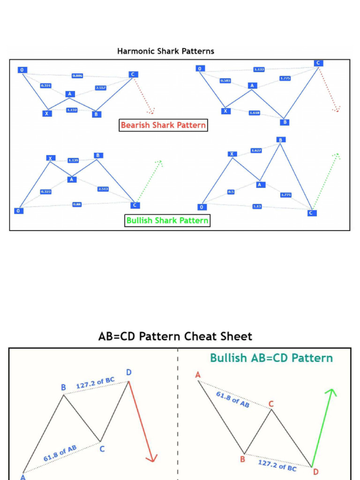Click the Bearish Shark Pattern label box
[x=163, y=125]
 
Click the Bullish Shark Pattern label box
[x=167, y=220]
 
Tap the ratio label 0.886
[x=77, y=75]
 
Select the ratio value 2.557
[x=101, y=88]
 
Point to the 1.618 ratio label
[x=255, y=113]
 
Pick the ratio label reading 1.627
[x=256, y=150]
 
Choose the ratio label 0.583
[x=225, y=81]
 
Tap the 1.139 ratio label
[x=73, y=160]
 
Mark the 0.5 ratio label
[x=231, y=192]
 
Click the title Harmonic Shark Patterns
[x=165, y=51]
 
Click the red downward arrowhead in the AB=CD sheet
[x=151, y=458]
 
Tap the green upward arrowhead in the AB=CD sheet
[x=332, y=392]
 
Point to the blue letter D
[x=129, y=372]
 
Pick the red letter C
[x=271, y=404]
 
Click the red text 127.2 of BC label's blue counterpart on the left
[x=95, y=383]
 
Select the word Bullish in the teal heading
[x=228, y=358]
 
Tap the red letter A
[x=198, y=375]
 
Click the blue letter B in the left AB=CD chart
[x=63, y=388]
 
